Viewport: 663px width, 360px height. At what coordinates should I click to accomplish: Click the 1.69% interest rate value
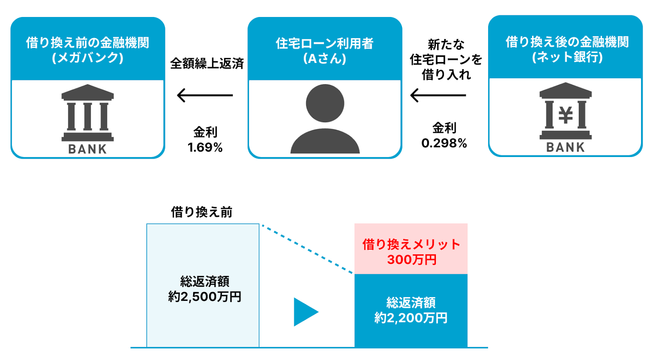(x=205, y=147)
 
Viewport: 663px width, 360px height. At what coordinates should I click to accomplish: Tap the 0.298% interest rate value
(x=444, y=143)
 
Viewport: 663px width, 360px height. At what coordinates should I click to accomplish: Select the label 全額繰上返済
(x=207, y=63)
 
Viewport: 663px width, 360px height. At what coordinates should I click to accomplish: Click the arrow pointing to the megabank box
(x=205, y=95)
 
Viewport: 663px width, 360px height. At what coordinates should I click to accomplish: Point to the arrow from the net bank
(x=438, y=95)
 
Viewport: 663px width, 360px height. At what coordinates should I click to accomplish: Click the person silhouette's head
(x=325, y=103)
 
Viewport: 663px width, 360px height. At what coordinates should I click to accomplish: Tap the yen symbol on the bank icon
(x=566, y=115)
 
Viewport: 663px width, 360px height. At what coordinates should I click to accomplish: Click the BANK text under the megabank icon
(x=87, y=149)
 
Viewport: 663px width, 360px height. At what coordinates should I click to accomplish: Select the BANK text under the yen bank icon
(x=565, y=147)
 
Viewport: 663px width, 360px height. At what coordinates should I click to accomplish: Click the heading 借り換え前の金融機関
(x=87, y=42)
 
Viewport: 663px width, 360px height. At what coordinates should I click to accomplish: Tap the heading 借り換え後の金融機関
(x=567, y=42)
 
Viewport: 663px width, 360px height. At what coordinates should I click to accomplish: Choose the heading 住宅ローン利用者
(x=324, y=43)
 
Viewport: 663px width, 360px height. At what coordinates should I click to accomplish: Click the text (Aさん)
(x=324, y=58)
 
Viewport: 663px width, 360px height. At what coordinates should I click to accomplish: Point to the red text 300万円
(x=411, y=260)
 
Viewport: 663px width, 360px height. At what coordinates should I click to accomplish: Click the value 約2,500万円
(x=205, y=297)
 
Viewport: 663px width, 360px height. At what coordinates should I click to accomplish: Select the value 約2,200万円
(x=411, y=318)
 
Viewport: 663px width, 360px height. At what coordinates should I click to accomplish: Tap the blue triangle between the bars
(x=304, y=312)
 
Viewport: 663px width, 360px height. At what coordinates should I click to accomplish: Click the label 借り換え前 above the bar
(x=202, y=212)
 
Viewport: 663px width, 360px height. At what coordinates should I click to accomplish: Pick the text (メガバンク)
(x=87, y=58)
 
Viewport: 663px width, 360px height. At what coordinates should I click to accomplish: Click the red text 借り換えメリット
(x=411, y=244)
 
